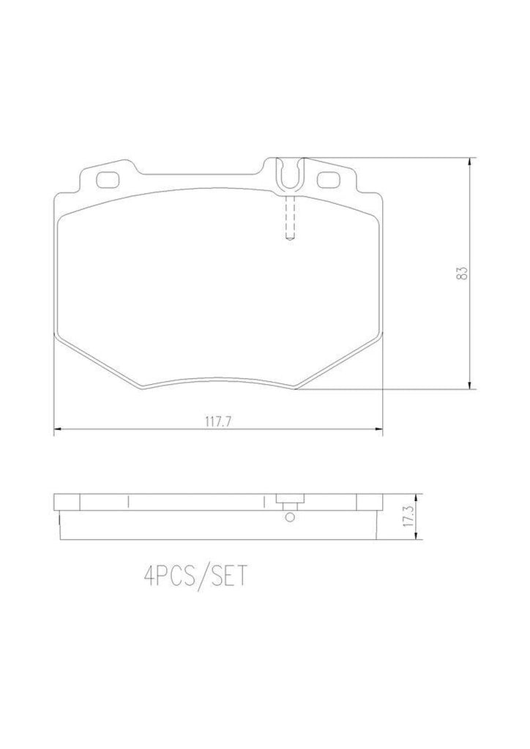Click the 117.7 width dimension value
[217, 422]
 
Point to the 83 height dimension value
[460, 274]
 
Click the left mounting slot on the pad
[108, 178]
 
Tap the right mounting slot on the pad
[326, 178]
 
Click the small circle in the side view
[290, 518]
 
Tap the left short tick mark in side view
[128, 501]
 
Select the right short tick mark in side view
[261, 501]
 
